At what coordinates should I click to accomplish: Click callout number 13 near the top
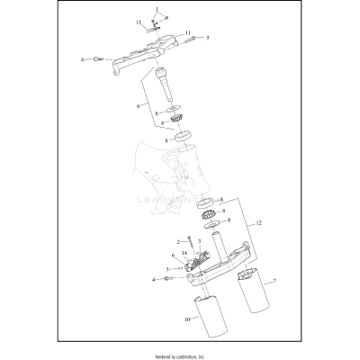pyautogui.click(x=139, y=21)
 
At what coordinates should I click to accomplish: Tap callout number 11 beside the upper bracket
pyautogui.click(x=189, y=33)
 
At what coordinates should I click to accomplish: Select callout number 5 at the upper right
pyautogui.click(x=207, y=39)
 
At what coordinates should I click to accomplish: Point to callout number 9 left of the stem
pyautogui.click(x=139, y=106)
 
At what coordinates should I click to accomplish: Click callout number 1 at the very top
pyautogui.click(x=156, y=9)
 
